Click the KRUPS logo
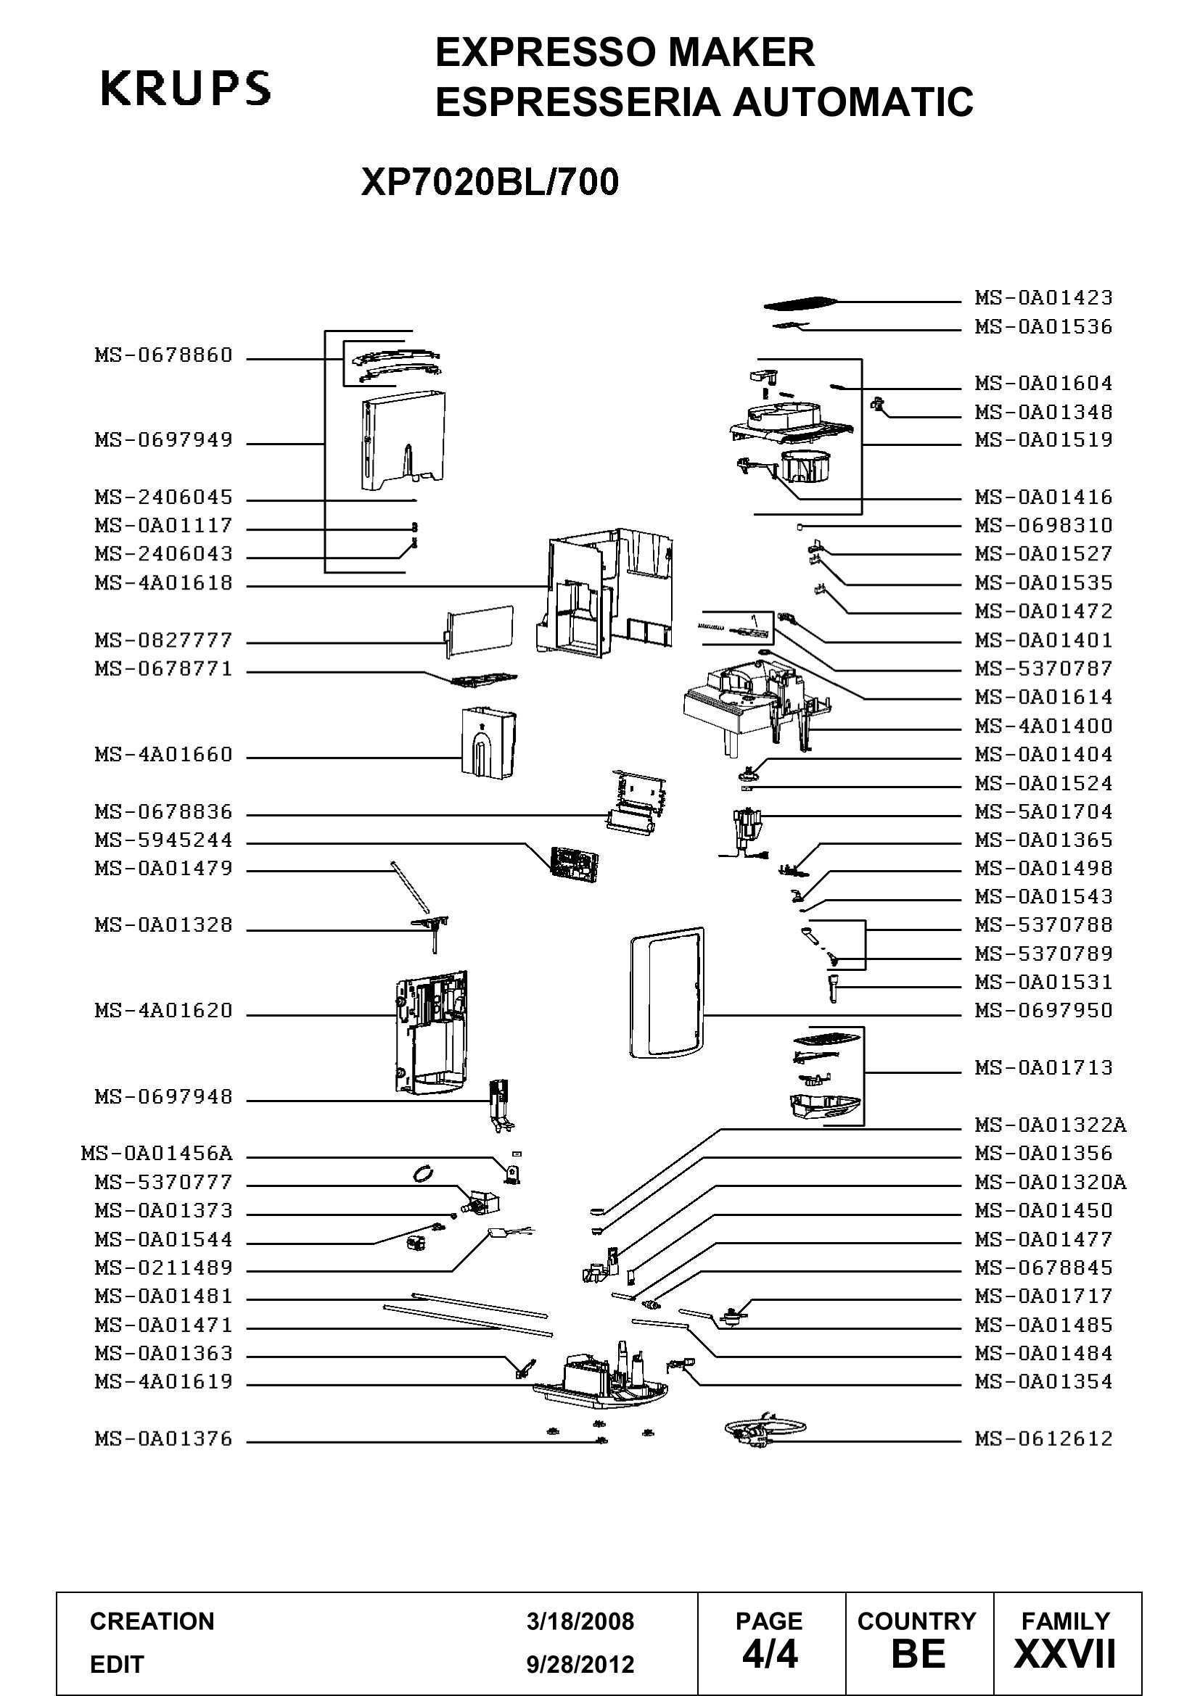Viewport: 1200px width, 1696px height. [185, 88]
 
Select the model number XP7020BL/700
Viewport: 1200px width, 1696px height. [490, 183]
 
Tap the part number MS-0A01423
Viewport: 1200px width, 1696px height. [1043, 298]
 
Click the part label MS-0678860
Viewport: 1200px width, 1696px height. [163, 355]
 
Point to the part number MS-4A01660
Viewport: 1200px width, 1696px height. [163, 754]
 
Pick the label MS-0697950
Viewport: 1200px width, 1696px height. [1043, 1011]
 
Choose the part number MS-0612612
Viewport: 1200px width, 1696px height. [1043, 1438]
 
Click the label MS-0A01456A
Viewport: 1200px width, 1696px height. [157, 1153]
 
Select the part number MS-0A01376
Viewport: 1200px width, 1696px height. [163, 1438]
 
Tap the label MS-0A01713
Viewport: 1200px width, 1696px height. [1043, 1067]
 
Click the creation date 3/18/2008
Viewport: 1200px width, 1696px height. [580, 1622]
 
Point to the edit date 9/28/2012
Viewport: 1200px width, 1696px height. [580, 1664]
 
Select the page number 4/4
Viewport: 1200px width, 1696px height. [770, 1655]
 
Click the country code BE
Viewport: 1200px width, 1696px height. [918, 1655]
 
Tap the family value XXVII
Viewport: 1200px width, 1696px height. [1065, 1655]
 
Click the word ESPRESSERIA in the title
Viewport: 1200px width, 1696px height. [578, 102]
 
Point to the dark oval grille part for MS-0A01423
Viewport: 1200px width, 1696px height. [801, 303]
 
